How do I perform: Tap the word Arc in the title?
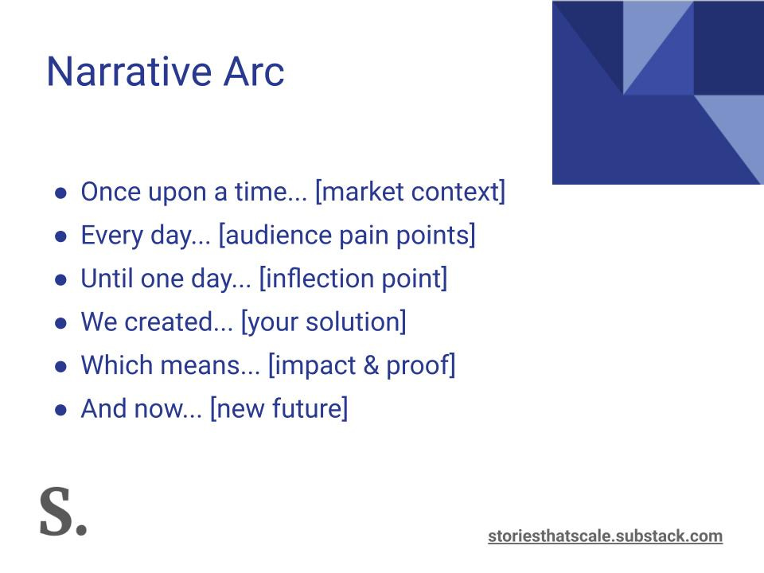[254, 72]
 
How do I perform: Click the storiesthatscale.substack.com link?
[605, 536]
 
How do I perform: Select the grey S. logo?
[63, 511]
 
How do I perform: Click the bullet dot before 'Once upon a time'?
[61, 193]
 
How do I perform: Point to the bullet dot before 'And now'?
[61, 411]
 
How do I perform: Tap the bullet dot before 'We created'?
[61, 324]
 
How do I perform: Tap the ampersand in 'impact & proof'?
[371, 365]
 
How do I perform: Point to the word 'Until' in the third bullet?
[106, 279]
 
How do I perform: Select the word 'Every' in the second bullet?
[112, 236]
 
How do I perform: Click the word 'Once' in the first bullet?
[110, 192]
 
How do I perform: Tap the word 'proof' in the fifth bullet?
[417, 365]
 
